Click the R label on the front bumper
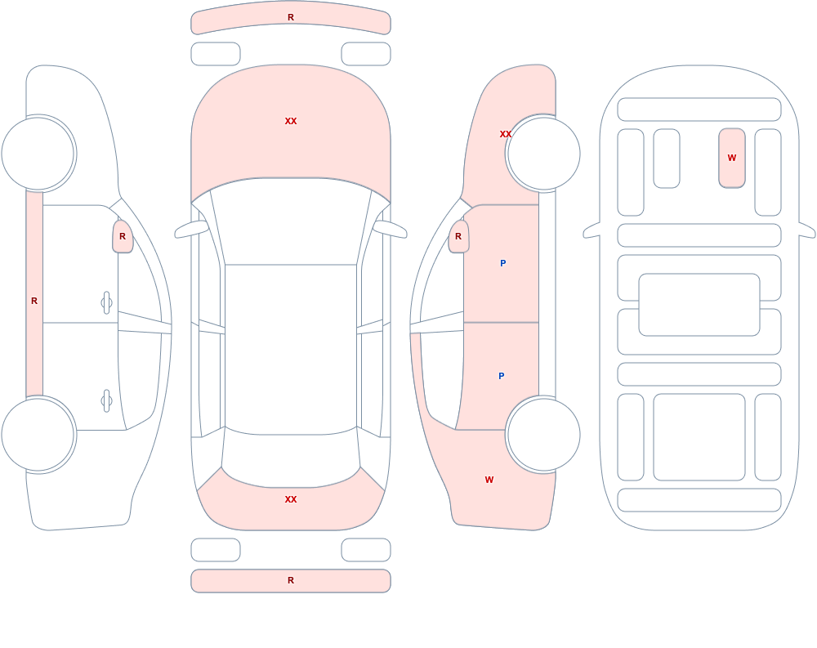[291, 17]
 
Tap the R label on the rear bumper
[291, 580]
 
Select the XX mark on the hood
[291, 121]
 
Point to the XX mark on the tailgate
[291, 499]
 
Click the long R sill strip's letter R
[34, 301]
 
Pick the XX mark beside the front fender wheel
[506, 134]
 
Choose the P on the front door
[502, 263]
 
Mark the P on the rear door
[502, 376]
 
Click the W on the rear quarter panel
[489, 480]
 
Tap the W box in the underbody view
[732, 158]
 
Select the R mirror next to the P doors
[458, 236]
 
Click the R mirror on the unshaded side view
[123, 236]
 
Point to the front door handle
[106, 303]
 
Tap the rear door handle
[106, 401]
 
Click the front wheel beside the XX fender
[543, 154]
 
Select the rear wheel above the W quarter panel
[543, 434]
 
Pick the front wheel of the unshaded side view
[38, 154]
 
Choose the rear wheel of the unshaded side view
[38, 434]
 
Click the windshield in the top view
[291, 221]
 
